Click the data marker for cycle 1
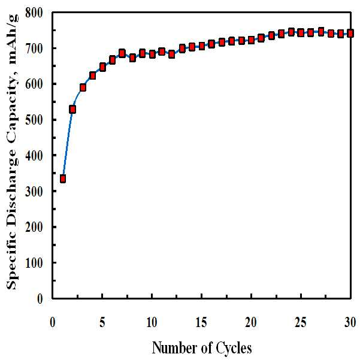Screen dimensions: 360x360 (x=63, y=179)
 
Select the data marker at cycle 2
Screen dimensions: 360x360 (x=72, y=109)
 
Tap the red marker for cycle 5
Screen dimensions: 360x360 (x=102, y=67)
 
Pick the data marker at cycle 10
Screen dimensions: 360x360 (x=152, y=55)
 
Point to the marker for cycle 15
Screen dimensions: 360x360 (x=202, y=46)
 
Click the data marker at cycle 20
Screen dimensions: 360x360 (x=252, y=40)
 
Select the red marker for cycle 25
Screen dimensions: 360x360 (x=301, y=32)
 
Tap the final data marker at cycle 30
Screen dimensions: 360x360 (x=350, y=34)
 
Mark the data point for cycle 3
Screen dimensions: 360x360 (x=83, y=87)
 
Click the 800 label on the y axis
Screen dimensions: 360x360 (x=34, y=13)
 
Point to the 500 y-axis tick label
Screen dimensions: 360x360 (x=34, y=120)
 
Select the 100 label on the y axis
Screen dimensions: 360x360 (x=34, y=262)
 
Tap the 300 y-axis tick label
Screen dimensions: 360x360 (x=34, y=191)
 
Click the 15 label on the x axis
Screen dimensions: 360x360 (x=201, y=322)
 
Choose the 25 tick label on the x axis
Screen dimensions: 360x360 (x=301, y=322)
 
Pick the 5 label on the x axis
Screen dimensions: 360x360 (x=102, y=322)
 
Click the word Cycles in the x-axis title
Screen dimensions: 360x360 (x=234, y=348)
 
